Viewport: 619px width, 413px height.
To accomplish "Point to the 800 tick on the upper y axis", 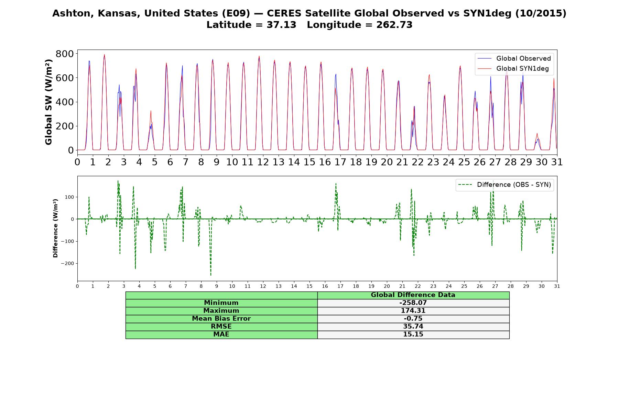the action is point(65,54).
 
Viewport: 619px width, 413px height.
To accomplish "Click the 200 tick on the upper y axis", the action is point(65,126).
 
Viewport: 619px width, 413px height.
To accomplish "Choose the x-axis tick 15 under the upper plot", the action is point(309,162).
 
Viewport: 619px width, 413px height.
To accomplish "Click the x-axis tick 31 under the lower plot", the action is point(557,286).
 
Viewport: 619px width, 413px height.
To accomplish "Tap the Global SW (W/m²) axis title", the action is point(49,102).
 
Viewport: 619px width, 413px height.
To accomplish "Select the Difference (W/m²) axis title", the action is point(55,228).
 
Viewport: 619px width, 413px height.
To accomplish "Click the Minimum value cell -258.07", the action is point(413,303).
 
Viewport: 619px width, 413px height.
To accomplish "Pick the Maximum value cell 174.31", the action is point(413,311).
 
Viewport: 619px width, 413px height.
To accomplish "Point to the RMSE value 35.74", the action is point(413,327).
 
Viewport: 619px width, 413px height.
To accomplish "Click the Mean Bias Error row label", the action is point(221,319).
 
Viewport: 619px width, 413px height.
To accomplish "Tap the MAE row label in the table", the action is point(221,335).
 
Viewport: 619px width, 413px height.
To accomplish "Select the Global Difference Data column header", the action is point(413,295).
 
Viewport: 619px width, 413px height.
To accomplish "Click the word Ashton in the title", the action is point(73,13).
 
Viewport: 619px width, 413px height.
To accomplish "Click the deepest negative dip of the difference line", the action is point(211,275).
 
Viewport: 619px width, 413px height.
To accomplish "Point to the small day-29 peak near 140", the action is point(537,134).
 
